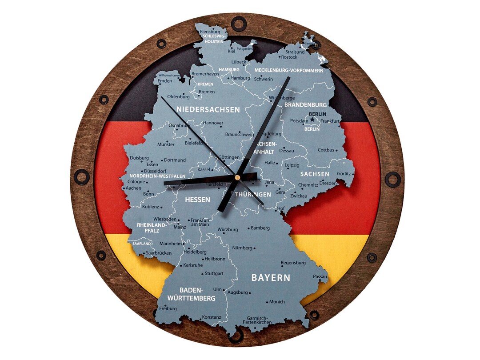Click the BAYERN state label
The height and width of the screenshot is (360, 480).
coord(271,278)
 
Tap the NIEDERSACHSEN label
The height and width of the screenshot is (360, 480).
coord(208,109)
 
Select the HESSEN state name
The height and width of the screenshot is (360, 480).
coord(197,200)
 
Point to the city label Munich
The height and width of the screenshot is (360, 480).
coord(277,302)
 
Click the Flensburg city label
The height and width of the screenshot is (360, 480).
coord(210,32)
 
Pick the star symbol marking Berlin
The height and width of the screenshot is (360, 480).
coord(312,120)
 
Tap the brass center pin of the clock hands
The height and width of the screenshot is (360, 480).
coord(237,177)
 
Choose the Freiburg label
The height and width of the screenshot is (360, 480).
coord(168,308)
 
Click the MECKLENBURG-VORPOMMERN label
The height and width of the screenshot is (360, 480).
coord(289,70)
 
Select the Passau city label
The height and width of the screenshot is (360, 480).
coord(320,276)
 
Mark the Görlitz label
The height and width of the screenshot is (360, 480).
coord(344,174)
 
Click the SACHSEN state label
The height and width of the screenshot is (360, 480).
coord(315,174)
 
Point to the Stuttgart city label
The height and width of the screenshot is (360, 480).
coord(214,274)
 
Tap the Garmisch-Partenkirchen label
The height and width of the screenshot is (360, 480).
coord(257,320)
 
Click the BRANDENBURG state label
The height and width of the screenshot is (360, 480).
coord(305,105)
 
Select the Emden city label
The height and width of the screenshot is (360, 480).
coord(164,81)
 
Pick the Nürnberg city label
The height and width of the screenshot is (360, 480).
coord(242,248)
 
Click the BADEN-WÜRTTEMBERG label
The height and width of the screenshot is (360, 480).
coord(191,294)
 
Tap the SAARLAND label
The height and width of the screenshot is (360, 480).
coord(141,244)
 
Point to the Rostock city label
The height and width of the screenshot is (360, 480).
coord(289,57)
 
